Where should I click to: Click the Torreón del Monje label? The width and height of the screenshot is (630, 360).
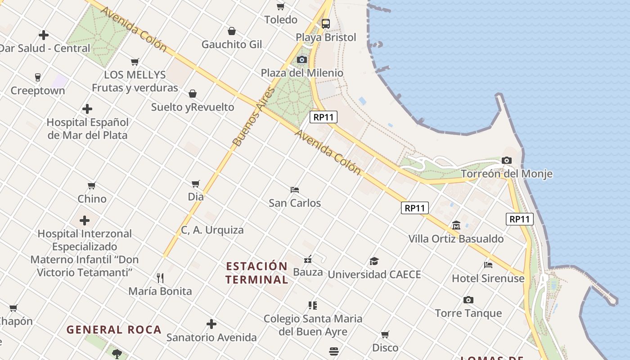pos(507,174)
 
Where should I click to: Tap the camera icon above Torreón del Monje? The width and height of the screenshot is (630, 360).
pos(507,161)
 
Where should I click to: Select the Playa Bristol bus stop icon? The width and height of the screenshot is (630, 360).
pos(326,24)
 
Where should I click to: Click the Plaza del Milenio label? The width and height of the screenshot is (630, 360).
pos(302,73)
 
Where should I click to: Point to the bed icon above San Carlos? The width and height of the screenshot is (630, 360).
pos(295,190)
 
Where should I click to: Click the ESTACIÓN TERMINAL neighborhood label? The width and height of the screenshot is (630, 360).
pos(256,273)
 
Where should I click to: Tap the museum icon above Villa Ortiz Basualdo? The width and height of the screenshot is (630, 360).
pos(456,225)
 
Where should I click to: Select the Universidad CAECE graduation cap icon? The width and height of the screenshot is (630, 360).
pos(374,261)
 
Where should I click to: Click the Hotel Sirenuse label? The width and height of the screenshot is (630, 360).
pos(488,278)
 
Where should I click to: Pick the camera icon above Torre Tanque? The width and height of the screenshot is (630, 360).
pos(468,300)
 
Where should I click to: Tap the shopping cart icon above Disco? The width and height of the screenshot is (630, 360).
pos(385,334)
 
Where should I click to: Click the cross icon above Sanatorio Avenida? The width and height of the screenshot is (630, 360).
pos(211,324)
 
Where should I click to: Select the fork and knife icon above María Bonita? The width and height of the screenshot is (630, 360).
pos(160,278)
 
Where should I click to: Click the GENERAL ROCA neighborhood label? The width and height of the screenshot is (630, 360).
pos(114,329)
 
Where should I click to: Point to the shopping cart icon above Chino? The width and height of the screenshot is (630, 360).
pos(92,185)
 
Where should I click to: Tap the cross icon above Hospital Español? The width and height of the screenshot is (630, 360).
pos(87,109)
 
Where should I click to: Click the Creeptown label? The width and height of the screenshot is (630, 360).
pos(38,90)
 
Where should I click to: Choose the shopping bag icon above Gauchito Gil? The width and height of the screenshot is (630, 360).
pos(232,31)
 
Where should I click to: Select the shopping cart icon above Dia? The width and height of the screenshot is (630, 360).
pos(196,184)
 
